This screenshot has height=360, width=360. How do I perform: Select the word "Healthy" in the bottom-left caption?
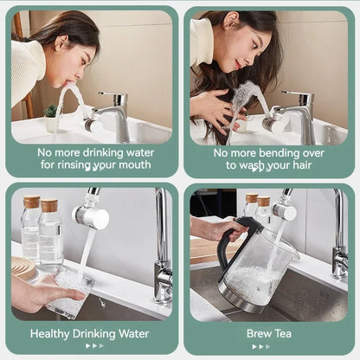pos(53,333)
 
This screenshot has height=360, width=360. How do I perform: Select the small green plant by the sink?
pos(50,112)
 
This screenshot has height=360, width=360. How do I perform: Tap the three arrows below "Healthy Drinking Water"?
pos(93,346)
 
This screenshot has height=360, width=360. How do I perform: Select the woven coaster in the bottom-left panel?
pos(23,268)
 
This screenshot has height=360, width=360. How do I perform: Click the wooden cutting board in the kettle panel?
pos(206,251)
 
